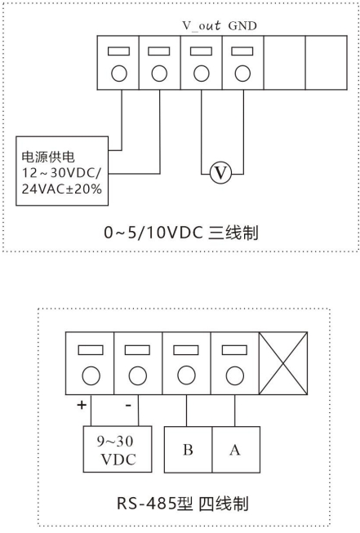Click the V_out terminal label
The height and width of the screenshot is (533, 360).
coord(202,25)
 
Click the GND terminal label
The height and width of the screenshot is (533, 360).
coord(242,26)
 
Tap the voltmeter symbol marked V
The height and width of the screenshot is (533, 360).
coord(220,173)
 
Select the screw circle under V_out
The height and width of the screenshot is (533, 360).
coord(202,73)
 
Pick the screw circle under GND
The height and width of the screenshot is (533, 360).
coord(242,73)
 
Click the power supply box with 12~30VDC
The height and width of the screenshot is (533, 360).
coord(62,171)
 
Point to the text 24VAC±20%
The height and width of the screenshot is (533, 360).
coord(62,189)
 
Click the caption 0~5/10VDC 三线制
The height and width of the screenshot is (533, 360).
coord(181,233)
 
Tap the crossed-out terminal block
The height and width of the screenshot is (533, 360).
coord(283,363)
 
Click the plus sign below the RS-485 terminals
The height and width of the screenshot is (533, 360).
coord(82,405)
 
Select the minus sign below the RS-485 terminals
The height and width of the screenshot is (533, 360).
coord(128,405)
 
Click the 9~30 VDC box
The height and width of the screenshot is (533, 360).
coord(118,449)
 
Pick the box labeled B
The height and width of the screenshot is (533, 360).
coord(189,450)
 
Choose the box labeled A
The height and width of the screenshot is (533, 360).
coord(236,450)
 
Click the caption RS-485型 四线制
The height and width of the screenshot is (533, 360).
coord(183,504)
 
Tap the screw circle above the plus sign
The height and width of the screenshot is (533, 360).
coord(91,375)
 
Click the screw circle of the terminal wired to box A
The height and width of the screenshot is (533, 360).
coord(235,375)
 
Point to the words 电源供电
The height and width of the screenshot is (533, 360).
coord(48,157)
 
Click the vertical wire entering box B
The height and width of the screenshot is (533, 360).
coord(186,411)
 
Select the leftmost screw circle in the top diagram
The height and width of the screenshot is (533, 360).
coord(119,73)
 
